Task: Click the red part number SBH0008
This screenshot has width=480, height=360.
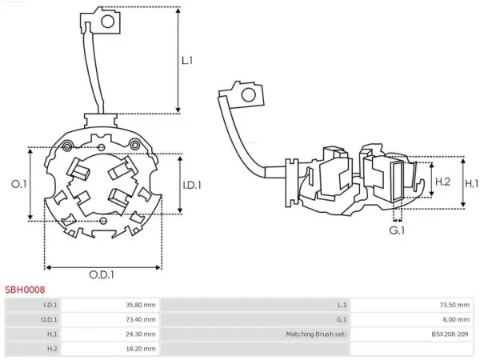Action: [x=25, y=290]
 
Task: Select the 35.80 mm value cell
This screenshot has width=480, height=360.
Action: [x=141, y=305]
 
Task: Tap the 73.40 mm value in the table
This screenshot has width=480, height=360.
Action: [x=141, y=319]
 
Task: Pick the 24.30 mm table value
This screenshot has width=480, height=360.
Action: [x=141, y=334]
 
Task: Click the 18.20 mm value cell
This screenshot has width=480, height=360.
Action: [x=141, y=349]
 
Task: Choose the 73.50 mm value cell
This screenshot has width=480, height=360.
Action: [x=454, y=305]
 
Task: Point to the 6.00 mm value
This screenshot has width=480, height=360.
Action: [x=456, y=319]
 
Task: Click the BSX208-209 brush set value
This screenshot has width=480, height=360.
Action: [x=450, y=334]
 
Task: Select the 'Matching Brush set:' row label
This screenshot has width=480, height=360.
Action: [x=317, y=334]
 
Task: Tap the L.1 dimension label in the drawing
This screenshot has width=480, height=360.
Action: [x=187, y=61]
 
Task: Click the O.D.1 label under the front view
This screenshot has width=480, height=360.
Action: [x=102, y=274]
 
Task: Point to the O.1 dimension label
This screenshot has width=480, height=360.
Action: [x=19, y=184]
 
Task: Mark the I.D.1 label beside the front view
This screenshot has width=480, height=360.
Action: [x=192, y=185]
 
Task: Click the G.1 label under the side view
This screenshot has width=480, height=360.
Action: [x=397, y=230]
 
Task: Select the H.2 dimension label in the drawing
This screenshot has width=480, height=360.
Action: [x=442, y=182]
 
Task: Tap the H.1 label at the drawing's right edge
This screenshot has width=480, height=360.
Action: [x=472, y=183]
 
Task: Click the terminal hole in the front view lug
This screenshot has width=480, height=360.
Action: [x=108, y=22]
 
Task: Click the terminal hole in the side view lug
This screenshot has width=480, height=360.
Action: [x=248, y=95]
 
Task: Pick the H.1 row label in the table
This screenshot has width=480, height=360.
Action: [x=52, y=334]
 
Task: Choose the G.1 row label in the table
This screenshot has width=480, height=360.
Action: [x=342, y=319]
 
